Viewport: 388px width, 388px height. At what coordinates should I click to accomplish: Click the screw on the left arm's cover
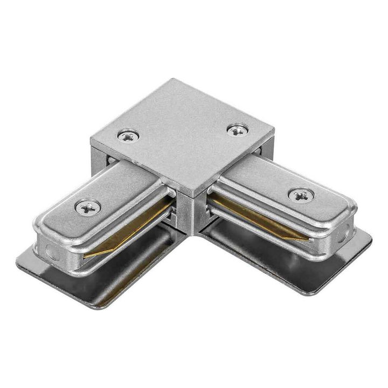click(88, 206)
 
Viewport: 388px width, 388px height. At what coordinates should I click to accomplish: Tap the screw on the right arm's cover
click(301, 195)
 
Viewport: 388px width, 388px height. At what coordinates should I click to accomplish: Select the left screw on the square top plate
click(128, 136)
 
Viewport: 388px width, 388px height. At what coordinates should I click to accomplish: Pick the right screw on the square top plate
click(237, 129)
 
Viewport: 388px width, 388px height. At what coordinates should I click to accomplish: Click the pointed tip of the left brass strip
click(86, 255)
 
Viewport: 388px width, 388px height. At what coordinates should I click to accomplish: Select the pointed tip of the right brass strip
click(307, 238)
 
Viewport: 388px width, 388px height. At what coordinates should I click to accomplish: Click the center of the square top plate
click(183, 135)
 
